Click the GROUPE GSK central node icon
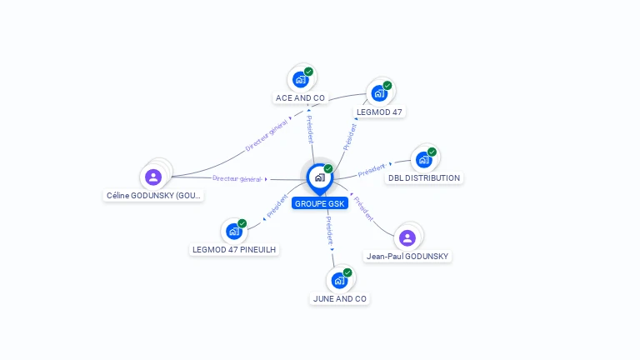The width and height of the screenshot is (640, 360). [x=319, y=177]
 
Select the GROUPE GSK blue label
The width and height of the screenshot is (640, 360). [x=320, y=203]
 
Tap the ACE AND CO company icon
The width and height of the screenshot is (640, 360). [x=300, y=80]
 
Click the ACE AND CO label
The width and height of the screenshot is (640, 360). [x=300, y=98]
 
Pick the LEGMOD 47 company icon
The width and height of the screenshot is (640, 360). [x=380, y=92]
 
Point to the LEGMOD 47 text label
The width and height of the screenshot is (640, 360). [x=380, y=112]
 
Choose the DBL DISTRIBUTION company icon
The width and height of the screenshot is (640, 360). [x=424, y=159]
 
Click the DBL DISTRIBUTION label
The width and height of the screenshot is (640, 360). [x=424, y=178]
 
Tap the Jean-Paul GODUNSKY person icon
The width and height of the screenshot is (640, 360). [x=407, y=238]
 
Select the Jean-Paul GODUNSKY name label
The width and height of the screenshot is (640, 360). [x=407, y=257]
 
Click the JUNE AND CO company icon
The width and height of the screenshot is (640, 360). [x=339, y=280]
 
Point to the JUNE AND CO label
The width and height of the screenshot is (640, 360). [x=339, y=298]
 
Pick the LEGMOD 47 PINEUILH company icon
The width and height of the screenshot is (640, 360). [x=234, y=231]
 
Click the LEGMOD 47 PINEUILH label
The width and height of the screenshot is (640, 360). [x=234, y=249]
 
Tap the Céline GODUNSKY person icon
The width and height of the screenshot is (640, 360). [x=153, y=177]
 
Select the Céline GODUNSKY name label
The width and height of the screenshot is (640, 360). [x=154, y=196]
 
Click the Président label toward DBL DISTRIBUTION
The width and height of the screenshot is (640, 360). [x=372, y=171]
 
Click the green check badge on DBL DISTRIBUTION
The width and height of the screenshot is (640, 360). [x=432, y=152]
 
